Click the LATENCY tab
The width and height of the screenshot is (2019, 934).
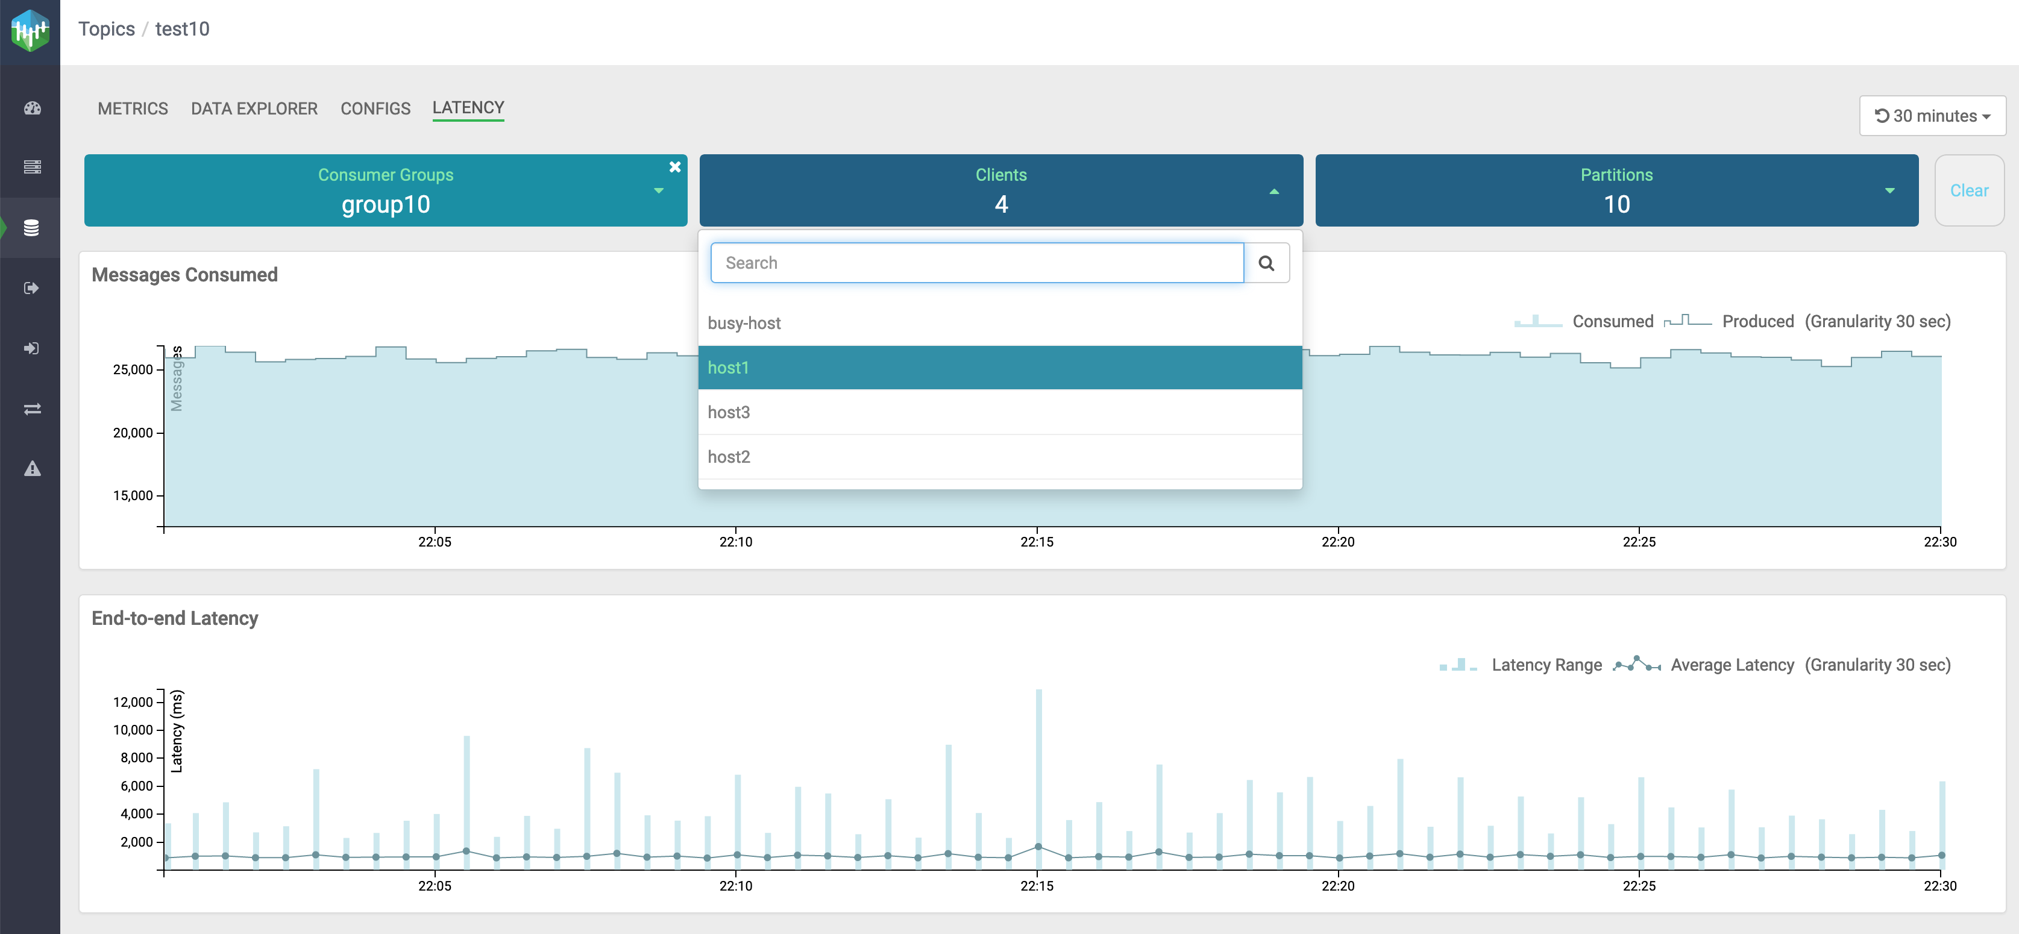(x=468, y=107)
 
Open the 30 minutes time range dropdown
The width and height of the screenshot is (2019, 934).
(x=1932, y=116)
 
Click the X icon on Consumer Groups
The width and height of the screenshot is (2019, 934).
(x=675, y=167)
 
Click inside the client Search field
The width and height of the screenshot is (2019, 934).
(x=976, y=263)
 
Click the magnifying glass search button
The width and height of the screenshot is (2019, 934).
(x=1266, y=263)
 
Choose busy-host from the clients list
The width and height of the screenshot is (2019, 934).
(x=744, y=323)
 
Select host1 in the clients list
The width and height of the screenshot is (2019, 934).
(x=728, y=368)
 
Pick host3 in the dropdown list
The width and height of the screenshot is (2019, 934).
(x=729, y=412)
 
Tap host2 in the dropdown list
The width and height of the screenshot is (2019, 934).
(x=729, y=457)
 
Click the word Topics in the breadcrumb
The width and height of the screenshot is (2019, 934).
(x=106, y=29)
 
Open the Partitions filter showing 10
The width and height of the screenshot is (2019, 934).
(x=1616, y=190)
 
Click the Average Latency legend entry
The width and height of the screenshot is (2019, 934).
(x=1732, y=665)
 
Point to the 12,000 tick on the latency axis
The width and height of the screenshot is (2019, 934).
(x=133, y=702)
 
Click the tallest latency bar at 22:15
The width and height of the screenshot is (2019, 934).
(x=1038, y=768)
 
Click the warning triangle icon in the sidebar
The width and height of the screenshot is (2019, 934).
(x=32, y=469)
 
